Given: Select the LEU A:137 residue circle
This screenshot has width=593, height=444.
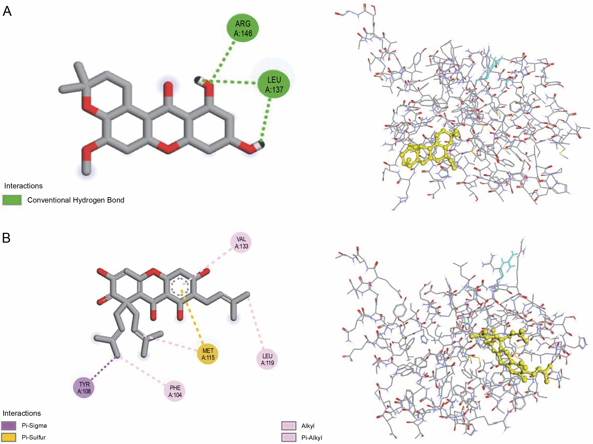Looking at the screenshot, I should click(274, 84).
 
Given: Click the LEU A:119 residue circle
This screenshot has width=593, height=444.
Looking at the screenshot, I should click(267, 359).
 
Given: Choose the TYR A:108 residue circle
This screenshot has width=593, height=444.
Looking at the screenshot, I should click(84, 388).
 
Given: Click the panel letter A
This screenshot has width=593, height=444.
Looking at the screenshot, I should click(7, 11).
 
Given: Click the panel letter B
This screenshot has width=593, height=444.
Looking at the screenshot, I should click(6, 238).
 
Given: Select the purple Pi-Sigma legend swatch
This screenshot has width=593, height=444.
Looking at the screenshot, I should click(9, 425).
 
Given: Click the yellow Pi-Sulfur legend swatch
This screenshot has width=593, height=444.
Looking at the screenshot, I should click(9, 437).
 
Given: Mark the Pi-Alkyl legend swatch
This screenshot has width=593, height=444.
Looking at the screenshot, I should click(289, 438).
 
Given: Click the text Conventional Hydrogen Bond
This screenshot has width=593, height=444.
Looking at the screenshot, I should click(76, 200).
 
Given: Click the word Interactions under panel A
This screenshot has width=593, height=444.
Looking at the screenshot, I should click(23, 186).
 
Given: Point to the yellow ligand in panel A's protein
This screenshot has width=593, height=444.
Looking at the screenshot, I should click(429, 150).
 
